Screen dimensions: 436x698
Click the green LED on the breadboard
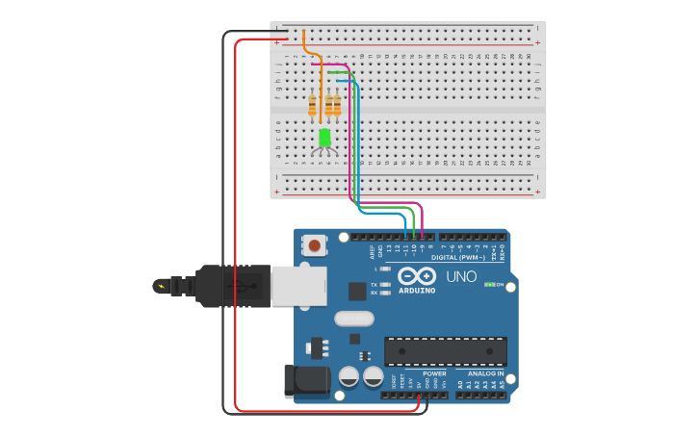(324, 137)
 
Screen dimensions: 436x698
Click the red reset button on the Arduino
(314, 246)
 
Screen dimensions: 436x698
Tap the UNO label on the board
(462, 277)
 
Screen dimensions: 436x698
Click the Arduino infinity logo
(417, 276)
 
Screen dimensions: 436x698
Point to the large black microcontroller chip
(445, 350)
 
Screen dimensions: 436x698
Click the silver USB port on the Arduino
(298, 287)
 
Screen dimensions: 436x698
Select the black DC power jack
(306, 381)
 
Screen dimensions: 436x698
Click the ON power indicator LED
(490, 285)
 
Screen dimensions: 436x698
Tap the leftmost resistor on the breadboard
(312, 105)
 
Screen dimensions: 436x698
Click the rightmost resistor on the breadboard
(337, 105)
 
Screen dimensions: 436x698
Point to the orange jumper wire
(305, 46)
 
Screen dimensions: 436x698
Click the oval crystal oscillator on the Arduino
(352, 319)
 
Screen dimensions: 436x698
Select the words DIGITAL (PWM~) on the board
(458, 257)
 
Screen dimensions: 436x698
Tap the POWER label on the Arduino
(434, 373)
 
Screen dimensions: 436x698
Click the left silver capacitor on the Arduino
(349, 376)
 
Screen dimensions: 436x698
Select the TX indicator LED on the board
(385, 285)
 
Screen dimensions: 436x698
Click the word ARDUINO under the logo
(417, 290)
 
